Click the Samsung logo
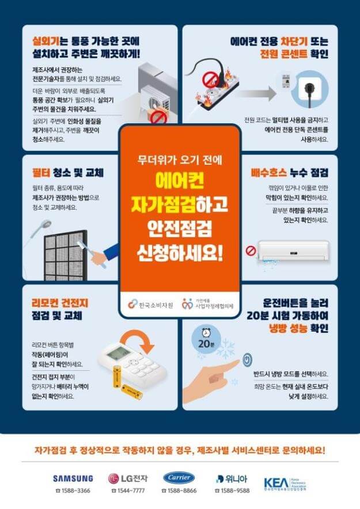(73, 478)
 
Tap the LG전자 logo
(127, 478)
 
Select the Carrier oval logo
(179, 478)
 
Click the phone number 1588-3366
(73, 491)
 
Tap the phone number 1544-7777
(127, 491)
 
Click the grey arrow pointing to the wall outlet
(253, 92)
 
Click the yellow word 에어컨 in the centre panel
(179, 180)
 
